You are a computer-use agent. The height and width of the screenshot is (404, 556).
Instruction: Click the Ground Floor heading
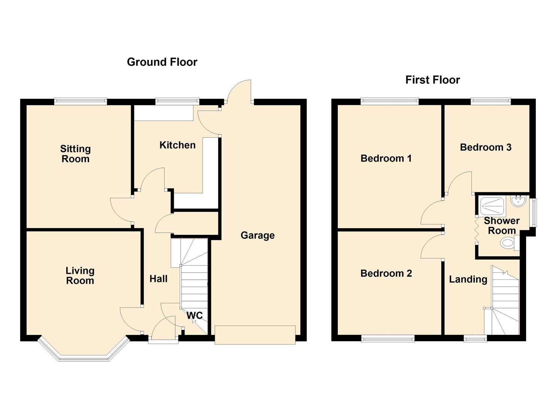point(162,62)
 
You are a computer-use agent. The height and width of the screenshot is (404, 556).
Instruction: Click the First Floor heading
point(432,80)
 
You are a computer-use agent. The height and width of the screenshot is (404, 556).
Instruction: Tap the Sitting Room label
point(75,154)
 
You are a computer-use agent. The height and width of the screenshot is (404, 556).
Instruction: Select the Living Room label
point(80,276)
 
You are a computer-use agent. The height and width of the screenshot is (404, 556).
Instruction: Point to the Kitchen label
point(177,145)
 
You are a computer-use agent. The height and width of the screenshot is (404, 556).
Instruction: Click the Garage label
point(258,235)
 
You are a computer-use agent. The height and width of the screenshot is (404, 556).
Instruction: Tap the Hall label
point(158,279)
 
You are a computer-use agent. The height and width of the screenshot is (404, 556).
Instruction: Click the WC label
point(195,315)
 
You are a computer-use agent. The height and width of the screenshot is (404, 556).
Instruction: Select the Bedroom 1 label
point(386,159)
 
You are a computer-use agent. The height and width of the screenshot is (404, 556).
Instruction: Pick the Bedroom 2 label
point(386,273)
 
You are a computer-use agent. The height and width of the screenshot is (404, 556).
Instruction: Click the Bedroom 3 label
point(486,147)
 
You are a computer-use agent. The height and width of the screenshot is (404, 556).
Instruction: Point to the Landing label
point(468,279)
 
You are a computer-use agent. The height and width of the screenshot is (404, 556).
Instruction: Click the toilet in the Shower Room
point(508,244)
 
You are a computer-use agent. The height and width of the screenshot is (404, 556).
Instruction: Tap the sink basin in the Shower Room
point(519,201)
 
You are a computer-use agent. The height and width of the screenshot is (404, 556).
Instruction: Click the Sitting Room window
point(80,101)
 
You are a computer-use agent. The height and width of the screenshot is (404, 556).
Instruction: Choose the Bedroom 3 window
point(490,101)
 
